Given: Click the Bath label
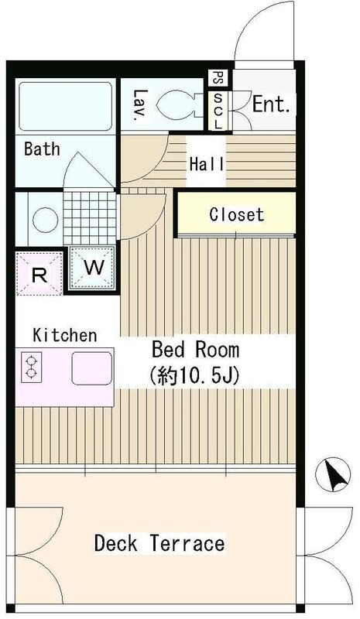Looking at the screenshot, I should click(x=42, y=149).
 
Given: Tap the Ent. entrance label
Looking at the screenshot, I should click(x=272, y=104).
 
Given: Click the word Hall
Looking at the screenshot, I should click(x=207, y=164).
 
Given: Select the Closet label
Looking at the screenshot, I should click(x=236, y=214).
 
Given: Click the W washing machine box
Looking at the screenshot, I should click(x=93, y=268).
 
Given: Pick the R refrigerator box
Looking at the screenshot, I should click(x=38, y=273).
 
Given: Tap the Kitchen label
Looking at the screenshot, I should click(x=65, y=335).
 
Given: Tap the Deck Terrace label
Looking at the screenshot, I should click(x=159, y=543).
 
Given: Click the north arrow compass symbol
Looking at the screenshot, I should click(x=334, y=474).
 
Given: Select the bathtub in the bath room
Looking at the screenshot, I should click(x=63, y=108).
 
